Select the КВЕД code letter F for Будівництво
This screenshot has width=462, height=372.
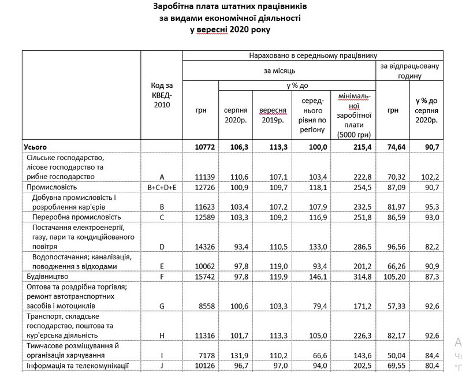coord(162,277)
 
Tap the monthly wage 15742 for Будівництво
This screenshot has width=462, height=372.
coord(205,277)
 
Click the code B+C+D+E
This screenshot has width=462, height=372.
coord(162,187)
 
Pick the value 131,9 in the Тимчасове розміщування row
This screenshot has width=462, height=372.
coord(237,355)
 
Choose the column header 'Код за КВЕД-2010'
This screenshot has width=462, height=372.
coord(162,95)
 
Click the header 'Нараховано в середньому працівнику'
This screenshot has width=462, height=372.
coord(313,55)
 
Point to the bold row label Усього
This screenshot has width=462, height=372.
coord(34,147)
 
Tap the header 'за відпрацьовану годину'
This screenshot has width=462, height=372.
coord(409,70)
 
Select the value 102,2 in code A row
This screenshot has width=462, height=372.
coord(429,177)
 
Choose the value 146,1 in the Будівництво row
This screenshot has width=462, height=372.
coord(315,277)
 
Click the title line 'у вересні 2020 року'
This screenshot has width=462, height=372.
coord(230,29)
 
